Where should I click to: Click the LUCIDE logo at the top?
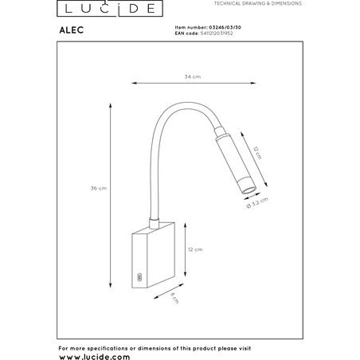pyautogui.click(x=110, y=8)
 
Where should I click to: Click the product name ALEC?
pyautogui.click(x=72, y=30)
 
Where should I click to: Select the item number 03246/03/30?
pyautogui.click(x=225, y=27)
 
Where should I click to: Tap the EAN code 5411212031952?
pyautogui.click(x=216, y=33)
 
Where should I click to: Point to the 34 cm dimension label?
pyautogui.click(x=193, y=76)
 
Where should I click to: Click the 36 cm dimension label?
pyautogui.click(x=99, y=188)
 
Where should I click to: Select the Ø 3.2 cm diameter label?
pyautogui.click(x=257, y=202)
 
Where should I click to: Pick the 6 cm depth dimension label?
pyautogui.click(x=174, y=298)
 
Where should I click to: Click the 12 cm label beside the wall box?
pyautogui.click(x=195, y=249)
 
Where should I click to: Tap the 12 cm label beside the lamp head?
pyautogui.click(x=257, y=153)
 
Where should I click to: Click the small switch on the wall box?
pyautogui.click(x=139, y=277)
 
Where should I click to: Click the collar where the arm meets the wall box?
pyautogui.click(x=154, y=223)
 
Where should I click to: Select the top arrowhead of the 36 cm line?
pyautogui.click(x=111, y=106)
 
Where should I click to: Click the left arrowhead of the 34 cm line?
pyautogui.click(x=135, y=83)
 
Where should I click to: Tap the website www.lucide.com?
pyautogui.click(x=95, y=357)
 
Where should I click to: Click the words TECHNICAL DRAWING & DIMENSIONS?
pyautogui.click(x=258, y=3)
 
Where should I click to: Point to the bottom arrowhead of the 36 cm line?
pyautogui.click(x=111, y=285)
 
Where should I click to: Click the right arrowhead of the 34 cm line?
pyautogui.click(x=253, y=83)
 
